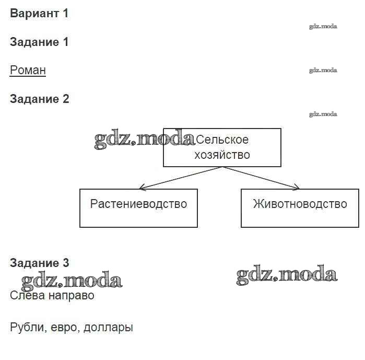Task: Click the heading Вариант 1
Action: (39, 14)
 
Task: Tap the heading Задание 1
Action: (39, 42)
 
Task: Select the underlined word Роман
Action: (28, 70)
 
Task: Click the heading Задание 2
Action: (39, 99)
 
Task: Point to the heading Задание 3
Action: (39, 263)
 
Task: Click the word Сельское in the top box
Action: (222, 140)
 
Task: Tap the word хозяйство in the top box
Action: (222, 155)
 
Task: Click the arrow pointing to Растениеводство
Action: (178, 178)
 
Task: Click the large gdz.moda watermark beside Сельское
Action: (144, 140)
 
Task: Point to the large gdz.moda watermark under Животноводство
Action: (287, 275)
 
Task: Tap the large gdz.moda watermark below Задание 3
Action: (72, 282)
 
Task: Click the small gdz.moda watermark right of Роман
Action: (323, 70)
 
